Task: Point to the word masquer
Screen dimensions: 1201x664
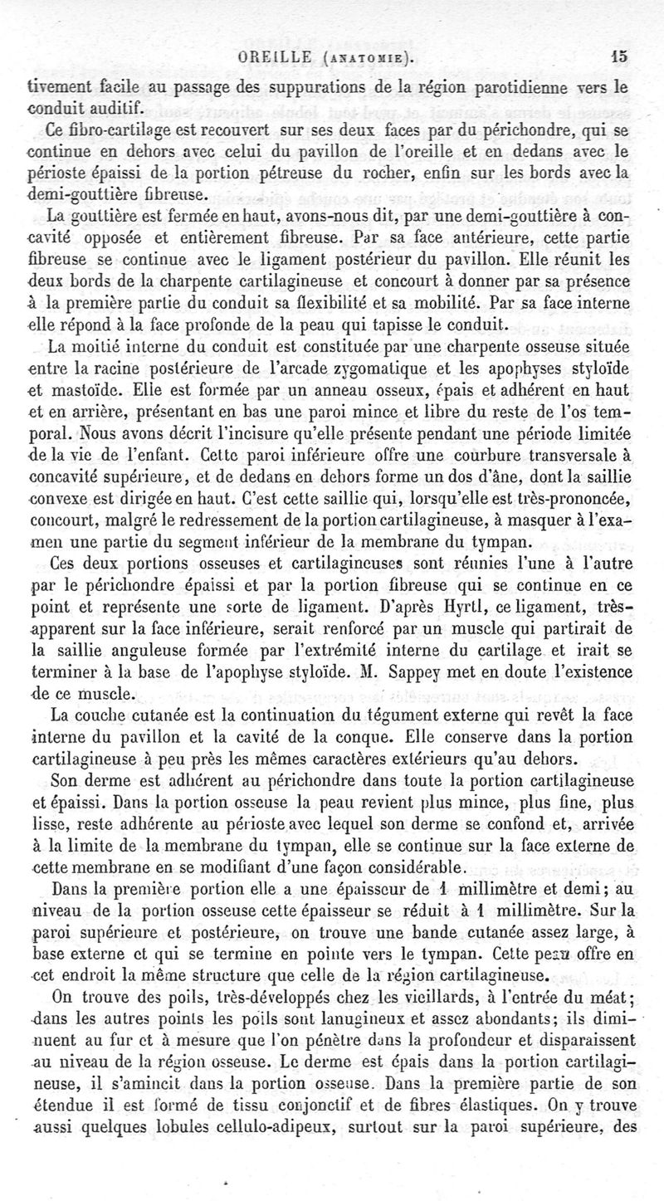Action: [554, 496]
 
